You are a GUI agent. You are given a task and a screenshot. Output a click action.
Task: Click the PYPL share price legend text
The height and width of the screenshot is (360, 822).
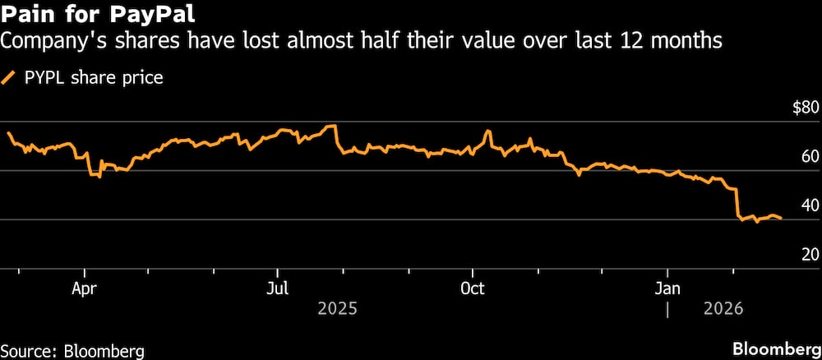tap(93, 79)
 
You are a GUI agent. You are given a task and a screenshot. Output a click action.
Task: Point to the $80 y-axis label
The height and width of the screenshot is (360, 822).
tap(804, 108)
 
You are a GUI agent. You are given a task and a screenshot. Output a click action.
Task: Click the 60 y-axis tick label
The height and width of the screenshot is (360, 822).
tap(809, 156)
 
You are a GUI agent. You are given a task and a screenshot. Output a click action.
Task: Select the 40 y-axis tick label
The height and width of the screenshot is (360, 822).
tap(809, 205)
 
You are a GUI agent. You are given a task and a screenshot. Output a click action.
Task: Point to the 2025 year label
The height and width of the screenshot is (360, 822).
tap(337, 309)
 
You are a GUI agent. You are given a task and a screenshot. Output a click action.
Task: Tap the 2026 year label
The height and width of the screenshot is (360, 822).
tap(723, 309)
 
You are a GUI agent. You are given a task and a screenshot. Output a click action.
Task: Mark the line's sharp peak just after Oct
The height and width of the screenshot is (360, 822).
tap(488, 131)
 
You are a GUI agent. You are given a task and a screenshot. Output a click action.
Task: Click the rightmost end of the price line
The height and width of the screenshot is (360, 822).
tap(780, 218)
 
